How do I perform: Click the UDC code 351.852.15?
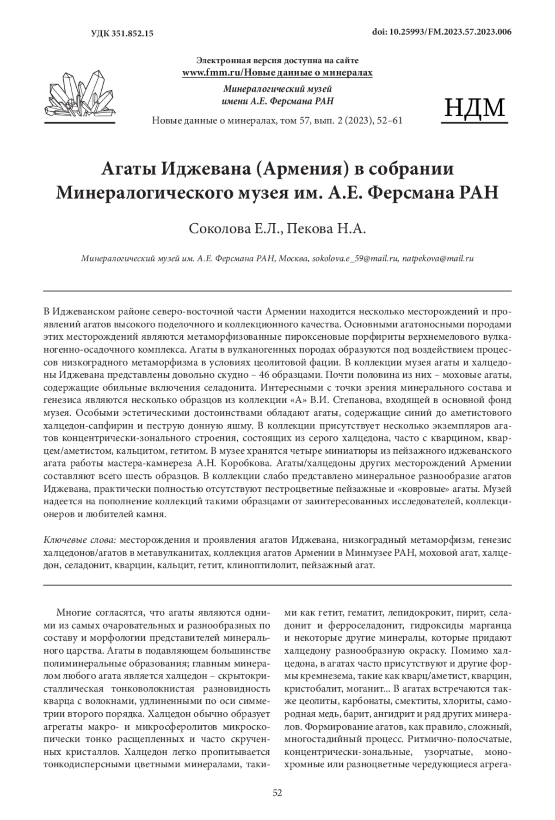(x=123, y=33)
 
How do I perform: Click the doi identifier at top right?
(x=442, y=32)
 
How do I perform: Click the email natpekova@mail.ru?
(x=438, y=259)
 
